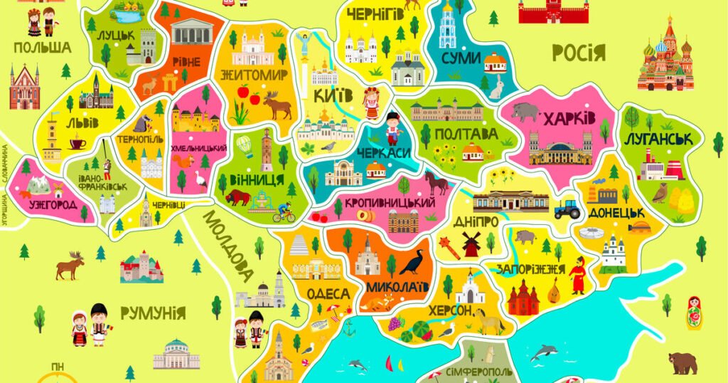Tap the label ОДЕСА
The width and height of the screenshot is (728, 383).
tap(328, 293)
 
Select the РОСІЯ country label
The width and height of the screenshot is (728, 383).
tap(578, 52)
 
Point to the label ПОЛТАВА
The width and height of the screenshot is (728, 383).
tap(466, 134)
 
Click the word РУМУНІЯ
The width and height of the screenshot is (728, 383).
tap(152, 313)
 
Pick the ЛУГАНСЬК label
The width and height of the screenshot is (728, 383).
tap(658, 139)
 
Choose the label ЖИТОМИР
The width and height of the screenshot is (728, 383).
tap(254, 74)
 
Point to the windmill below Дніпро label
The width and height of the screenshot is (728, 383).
tap(471, 244)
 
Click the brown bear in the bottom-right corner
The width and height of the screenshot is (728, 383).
tap(682, 362)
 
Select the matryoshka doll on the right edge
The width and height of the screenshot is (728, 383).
tap(694, 313)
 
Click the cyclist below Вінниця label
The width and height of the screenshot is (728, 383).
tap(284, 212)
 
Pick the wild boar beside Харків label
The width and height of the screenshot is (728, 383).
tap(525, 112)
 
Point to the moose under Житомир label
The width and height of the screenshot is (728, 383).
tap(277, 105)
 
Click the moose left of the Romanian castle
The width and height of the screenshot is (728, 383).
tap(70, 266)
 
